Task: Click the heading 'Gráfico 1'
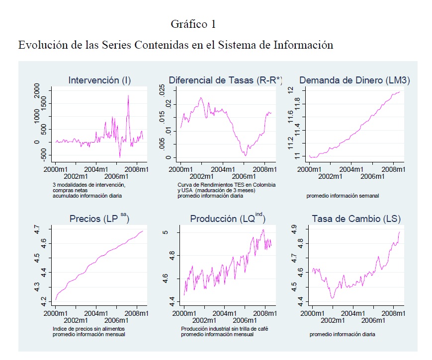point(193,24)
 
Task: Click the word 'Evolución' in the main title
point(41,45)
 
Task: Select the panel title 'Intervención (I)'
point(99,80)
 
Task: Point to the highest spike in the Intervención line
point(128,95)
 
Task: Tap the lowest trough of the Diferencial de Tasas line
point(245,155)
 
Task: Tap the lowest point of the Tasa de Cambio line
point(332,297)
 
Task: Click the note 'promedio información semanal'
point(343,196)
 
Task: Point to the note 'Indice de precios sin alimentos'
point(88,329)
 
